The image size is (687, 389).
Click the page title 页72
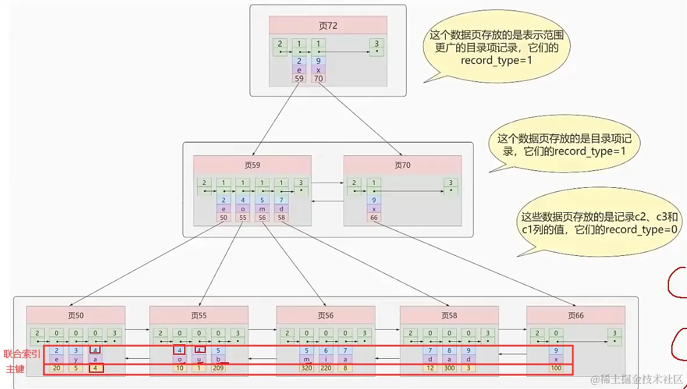point(328,26)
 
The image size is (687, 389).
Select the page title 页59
point(252,165)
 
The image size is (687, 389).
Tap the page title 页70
point(402,165)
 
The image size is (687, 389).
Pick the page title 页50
point(76,315)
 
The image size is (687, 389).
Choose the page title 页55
point(199,315)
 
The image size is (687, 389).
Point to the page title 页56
point(325,315)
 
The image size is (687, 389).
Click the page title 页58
point(449,315)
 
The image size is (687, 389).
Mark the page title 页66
point(576,315)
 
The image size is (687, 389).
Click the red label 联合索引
point(22,354)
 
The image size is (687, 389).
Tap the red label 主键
point(15,369)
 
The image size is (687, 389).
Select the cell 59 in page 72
point(299,78)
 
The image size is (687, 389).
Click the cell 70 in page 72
point(319,78)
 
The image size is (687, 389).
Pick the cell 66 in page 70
point(374,217)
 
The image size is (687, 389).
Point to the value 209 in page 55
point(218,368)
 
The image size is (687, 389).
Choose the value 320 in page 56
point(307,368)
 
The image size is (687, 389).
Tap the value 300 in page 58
point(449,368)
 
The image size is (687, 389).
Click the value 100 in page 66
point(556,368)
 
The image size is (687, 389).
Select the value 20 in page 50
point(56,368)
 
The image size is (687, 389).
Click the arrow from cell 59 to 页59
point(275,119)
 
